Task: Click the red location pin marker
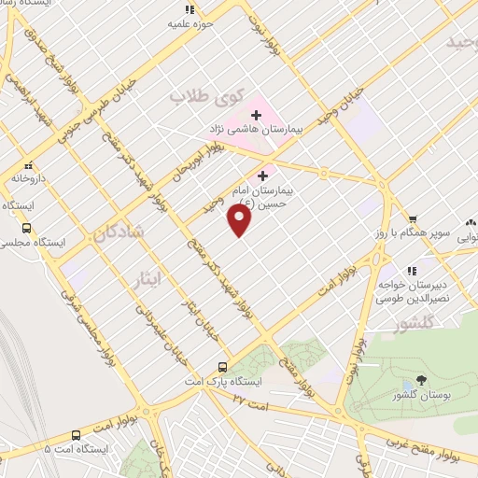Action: click(x=240, y=220)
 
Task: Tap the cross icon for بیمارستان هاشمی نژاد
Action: click(x=255, y=115)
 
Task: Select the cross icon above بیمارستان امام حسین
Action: click(x=262, y=175)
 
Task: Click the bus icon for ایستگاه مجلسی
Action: click(x=25, y=227)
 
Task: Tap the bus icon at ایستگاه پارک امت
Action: click(x=222, y=366)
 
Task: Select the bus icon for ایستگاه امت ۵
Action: click(x=76, y=434)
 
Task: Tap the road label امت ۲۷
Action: click(x=250, y=401)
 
